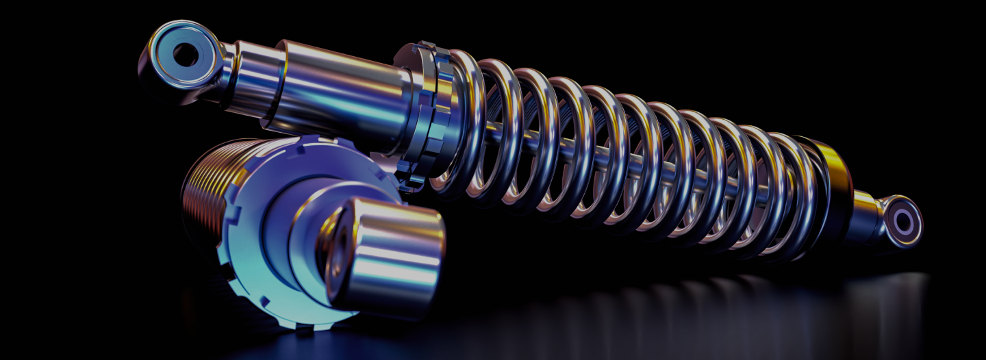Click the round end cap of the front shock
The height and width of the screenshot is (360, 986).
pos(387,260)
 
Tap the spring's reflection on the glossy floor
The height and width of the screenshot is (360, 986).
pos(616,301)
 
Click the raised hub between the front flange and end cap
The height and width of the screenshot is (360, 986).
pos(301,226)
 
